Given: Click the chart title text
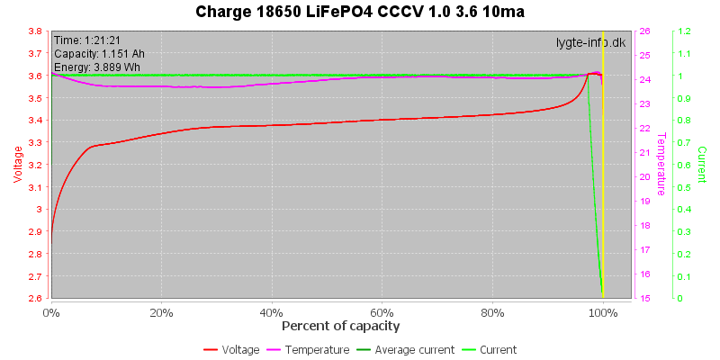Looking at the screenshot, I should pos(361,13).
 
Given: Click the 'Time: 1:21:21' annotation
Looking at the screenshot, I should pos(88,40).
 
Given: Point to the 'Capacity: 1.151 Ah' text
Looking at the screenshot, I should pos(99,54).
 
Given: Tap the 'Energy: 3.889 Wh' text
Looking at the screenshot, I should pos(96,67).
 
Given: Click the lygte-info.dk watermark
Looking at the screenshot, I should pos(590,41).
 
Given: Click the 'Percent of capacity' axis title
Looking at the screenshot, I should pos(340,326).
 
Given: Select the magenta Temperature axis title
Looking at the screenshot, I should pos(661,165).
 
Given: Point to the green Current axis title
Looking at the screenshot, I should pos(702,165).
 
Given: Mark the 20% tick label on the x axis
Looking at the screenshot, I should pos(162,313).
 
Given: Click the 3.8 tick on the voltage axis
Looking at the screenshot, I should pos(33,31).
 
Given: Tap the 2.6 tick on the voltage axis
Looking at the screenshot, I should pos(33,298).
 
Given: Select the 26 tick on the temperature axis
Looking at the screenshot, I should pos(645,31).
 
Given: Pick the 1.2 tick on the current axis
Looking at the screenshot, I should pos(684,31).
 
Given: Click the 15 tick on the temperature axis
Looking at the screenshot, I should pos(645,298).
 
